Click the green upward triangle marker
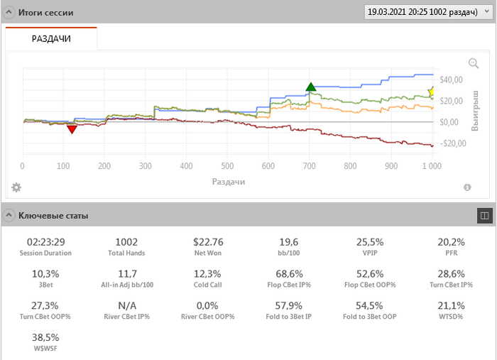pos(310,87)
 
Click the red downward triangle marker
pos(71,129)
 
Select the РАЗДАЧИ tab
pos(51,39)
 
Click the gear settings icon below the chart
pos(16,187)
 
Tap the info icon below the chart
pos(467,187)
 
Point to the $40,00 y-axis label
pos(452,80)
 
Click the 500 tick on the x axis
pos(227,166)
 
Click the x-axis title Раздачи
pos(228,182)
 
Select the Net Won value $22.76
pos(207,242)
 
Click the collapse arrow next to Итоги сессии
pos(10,13)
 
